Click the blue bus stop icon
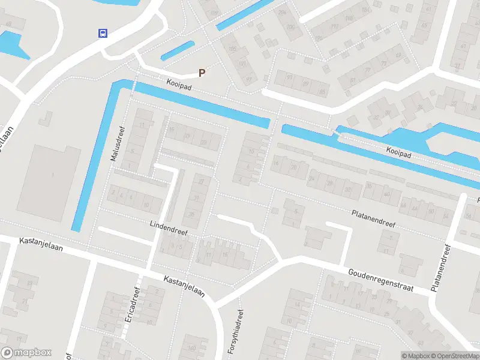pos(103,34)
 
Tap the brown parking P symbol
pos(202,73)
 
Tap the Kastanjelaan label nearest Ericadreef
pos(184,286)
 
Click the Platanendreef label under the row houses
pos(373,218)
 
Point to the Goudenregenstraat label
pos(381,280)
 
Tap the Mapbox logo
pos(26,353)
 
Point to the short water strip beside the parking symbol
pos(178,50)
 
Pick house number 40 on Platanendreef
pos(387,195)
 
